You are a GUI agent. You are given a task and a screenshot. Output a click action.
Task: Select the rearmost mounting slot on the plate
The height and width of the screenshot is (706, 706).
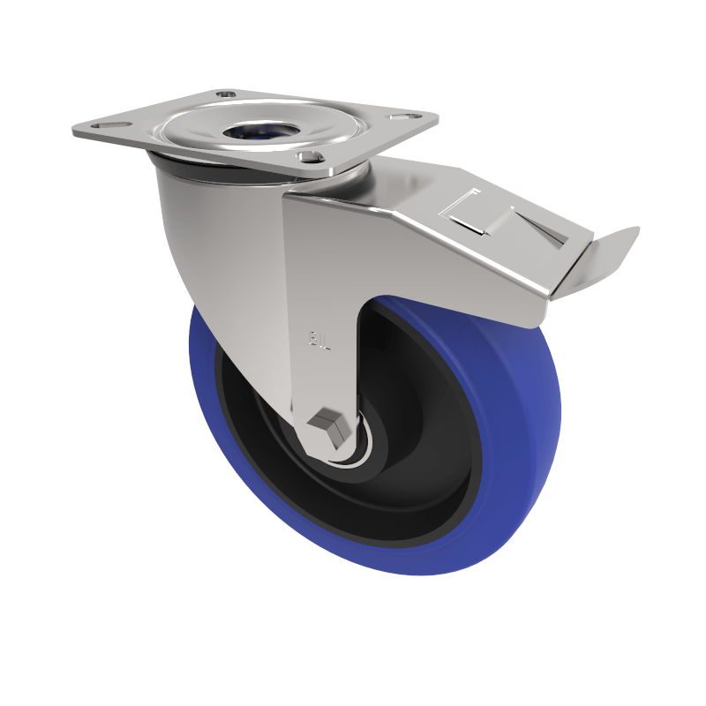click(224, 93)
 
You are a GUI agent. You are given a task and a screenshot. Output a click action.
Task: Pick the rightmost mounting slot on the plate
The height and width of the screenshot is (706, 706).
click(408, 116)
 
